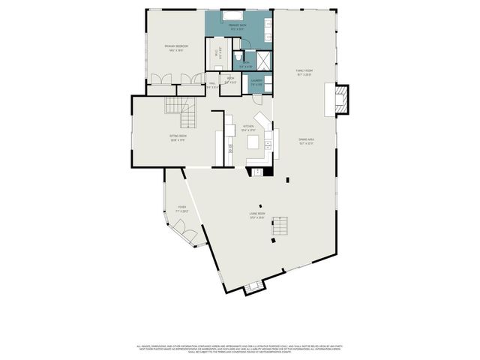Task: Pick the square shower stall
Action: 263,60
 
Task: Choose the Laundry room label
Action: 256,82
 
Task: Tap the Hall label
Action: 212,85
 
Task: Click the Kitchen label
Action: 247,127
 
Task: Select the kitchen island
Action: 253,142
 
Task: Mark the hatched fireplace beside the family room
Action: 341,99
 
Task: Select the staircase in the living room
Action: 280,225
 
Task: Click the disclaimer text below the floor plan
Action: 239,349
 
